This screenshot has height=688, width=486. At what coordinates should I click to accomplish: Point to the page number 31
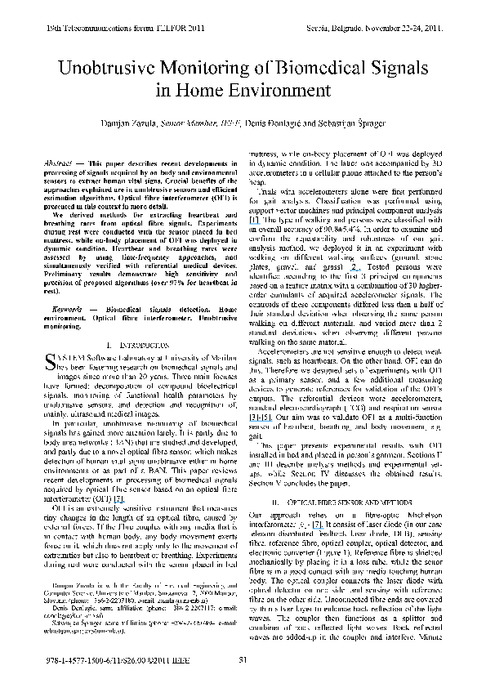(243, 660)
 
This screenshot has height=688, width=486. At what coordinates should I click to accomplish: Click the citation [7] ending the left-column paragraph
(118, 498)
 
